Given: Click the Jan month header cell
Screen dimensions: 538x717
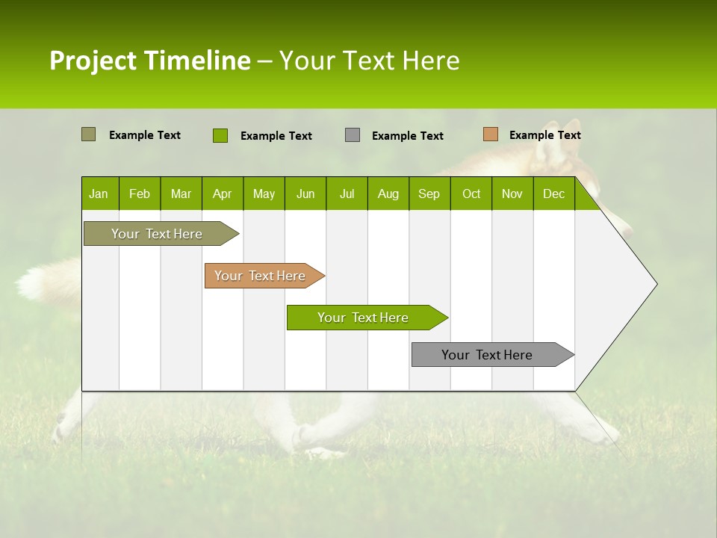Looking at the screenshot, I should click(99, 194).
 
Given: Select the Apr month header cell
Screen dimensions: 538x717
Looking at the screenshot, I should click(223, 194).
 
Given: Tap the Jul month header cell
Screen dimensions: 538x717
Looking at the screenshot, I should click(347, 194).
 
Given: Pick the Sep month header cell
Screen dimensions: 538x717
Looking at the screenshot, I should click(429, 194).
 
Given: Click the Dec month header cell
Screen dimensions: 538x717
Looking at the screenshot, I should click(553, 194).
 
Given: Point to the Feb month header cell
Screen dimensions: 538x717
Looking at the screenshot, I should click(140, 194).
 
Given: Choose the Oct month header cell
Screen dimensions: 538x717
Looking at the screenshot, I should click(471, 194).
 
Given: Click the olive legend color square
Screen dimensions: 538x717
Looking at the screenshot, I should click(88, 134).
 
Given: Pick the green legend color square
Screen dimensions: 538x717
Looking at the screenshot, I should click(220, 135).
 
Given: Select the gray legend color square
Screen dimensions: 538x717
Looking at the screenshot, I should click(353, 135).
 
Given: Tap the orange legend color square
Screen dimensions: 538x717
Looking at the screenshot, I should click(490, 134).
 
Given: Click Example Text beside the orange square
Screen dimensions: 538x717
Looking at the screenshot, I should click(544, 135).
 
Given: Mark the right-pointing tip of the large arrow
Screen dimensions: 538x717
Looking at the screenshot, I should click(655, 284).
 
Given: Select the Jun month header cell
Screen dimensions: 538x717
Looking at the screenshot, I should click(305, 194).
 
